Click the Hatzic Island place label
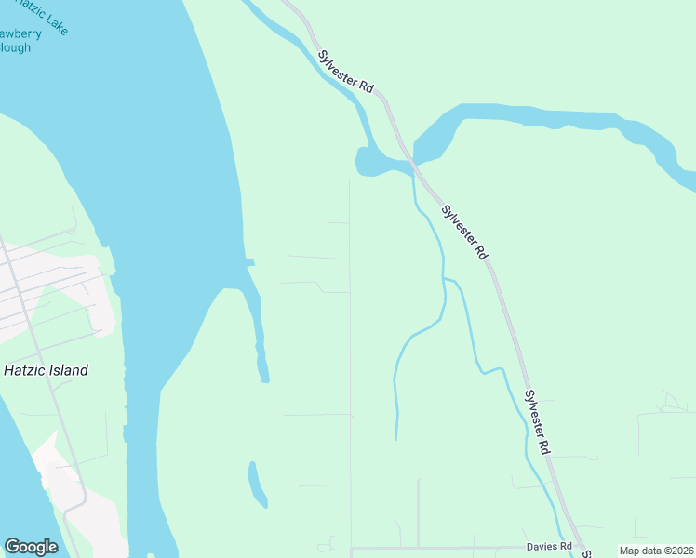(46, 370)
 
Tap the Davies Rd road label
(547, 545)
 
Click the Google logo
(31, 547)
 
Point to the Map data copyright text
(656, 551)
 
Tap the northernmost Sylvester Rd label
(345, 71)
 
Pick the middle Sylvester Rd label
(464, 232)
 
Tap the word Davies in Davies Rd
(540, 545)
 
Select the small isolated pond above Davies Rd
(257, 485)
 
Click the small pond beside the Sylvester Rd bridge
(377, 164)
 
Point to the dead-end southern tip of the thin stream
(396, 438)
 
